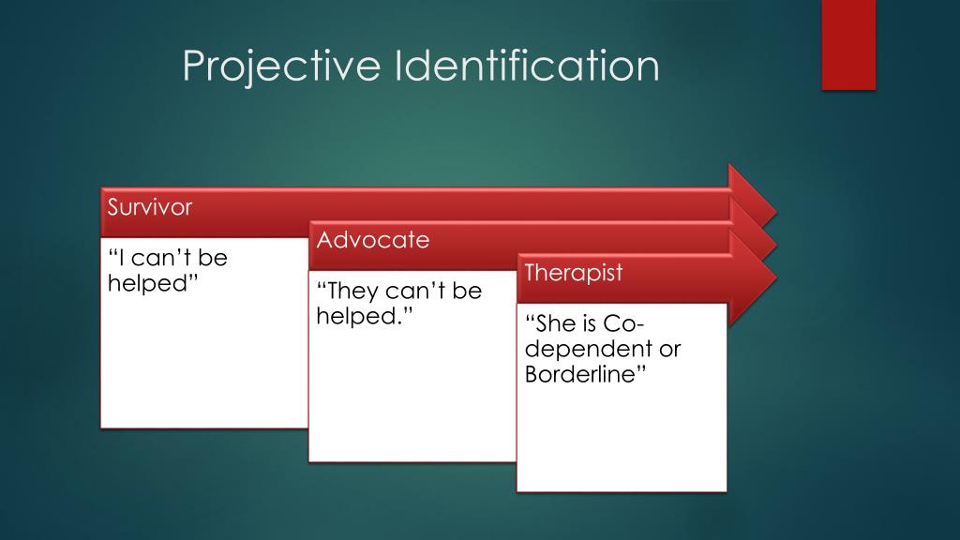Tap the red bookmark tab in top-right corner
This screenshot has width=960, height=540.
coord(847,44)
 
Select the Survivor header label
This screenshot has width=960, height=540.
coord(150,207)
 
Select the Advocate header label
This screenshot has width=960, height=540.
coord(372,240)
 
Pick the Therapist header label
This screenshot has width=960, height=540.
coord(573,274)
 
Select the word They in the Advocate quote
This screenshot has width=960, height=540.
coord(348,292)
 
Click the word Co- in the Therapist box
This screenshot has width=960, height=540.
coord(620,324)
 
